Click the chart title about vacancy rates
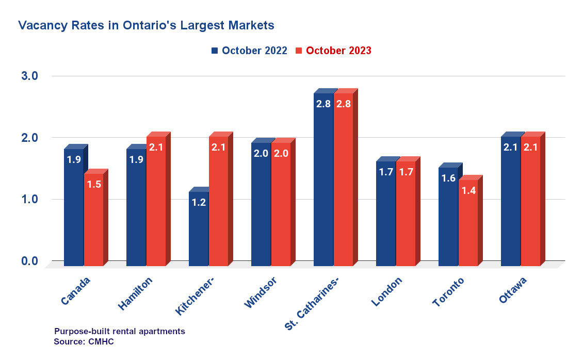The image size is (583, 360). (146, 25)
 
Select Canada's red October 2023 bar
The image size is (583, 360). (94, 222)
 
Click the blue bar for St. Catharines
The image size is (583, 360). (323, 181)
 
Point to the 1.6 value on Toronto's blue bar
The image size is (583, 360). (448, 178)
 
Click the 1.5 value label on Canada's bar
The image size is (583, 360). (94, 185)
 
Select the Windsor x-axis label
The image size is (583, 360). (261, 292)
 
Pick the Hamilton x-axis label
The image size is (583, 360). (135, 294)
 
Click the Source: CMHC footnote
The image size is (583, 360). (84, 341)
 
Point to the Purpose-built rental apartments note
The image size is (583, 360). (119, 331)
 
